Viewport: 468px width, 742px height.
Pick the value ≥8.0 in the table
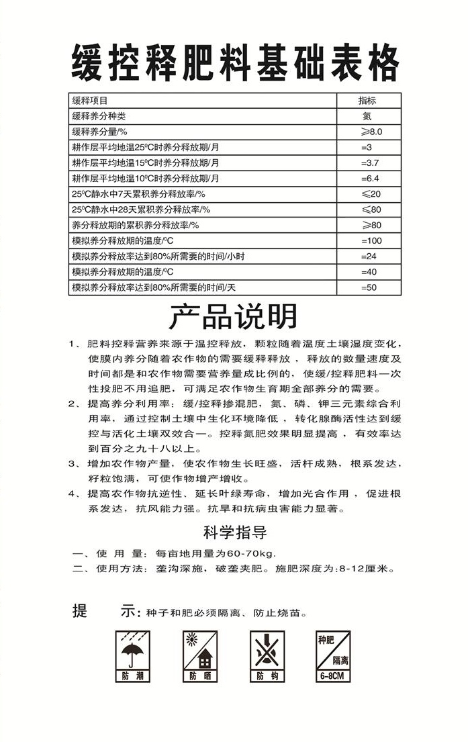pyautogui.click(x=371, y=132)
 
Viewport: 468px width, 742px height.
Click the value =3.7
pyautogui.click(x=371, y=163)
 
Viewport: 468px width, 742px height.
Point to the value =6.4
pyautogui.click(x=371, y=179)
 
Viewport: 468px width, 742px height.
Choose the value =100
pyautogui.click(x=371, y=240)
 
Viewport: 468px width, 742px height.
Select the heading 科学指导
pyautogui.click(x=235, y=533)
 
